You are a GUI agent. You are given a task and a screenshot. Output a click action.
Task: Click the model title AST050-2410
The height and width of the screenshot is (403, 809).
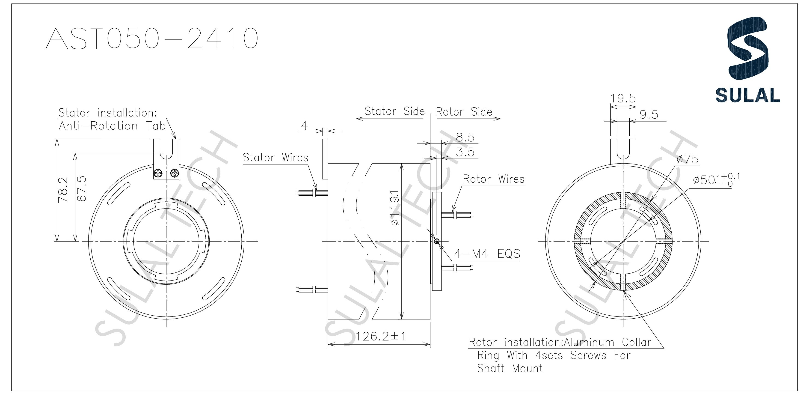(x=152, y=38)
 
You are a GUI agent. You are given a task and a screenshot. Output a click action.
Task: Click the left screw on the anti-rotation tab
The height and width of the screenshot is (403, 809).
(x=159, y=173)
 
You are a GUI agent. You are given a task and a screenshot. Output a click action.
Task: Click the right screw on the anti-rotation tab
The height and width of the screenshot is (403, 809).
(x=174, y=173)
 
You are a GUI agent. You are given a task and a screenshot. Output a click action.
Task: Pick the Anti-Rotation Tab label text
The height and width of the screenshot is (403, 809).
(x=112, y=126)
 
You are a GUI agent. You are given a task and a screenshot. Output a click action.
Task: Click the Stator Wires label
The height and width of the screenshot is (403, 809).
(x=276, y=158)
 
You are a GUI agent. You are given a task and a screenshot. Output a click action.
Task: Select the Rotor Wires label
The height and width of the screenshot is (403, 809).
(x=493, y=179)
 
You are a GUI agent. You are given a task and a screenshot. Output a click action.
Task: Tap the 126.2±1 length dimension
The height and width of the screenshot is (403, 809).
(x=381, y=337)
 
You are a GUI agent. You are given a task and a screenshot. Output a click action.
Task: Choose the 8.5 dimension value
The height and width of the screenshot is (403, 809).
(x=465, y=138)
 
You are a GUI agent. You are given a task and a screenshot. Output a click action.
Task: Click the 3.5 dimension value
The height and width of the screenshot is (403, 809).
(x=465, y=152)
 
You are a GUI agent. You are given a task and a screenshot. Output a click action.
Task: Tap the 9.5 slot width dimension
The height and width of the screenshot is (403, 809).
(x=649, y=114)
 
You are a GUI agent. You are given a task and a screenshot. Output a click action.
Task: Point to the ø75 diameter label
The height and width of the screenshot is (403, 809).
(x=688, y=159)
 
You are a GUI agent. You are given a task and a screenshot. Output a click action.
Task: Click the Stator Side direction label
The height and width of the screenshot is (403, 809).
(x=394, y=111)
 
